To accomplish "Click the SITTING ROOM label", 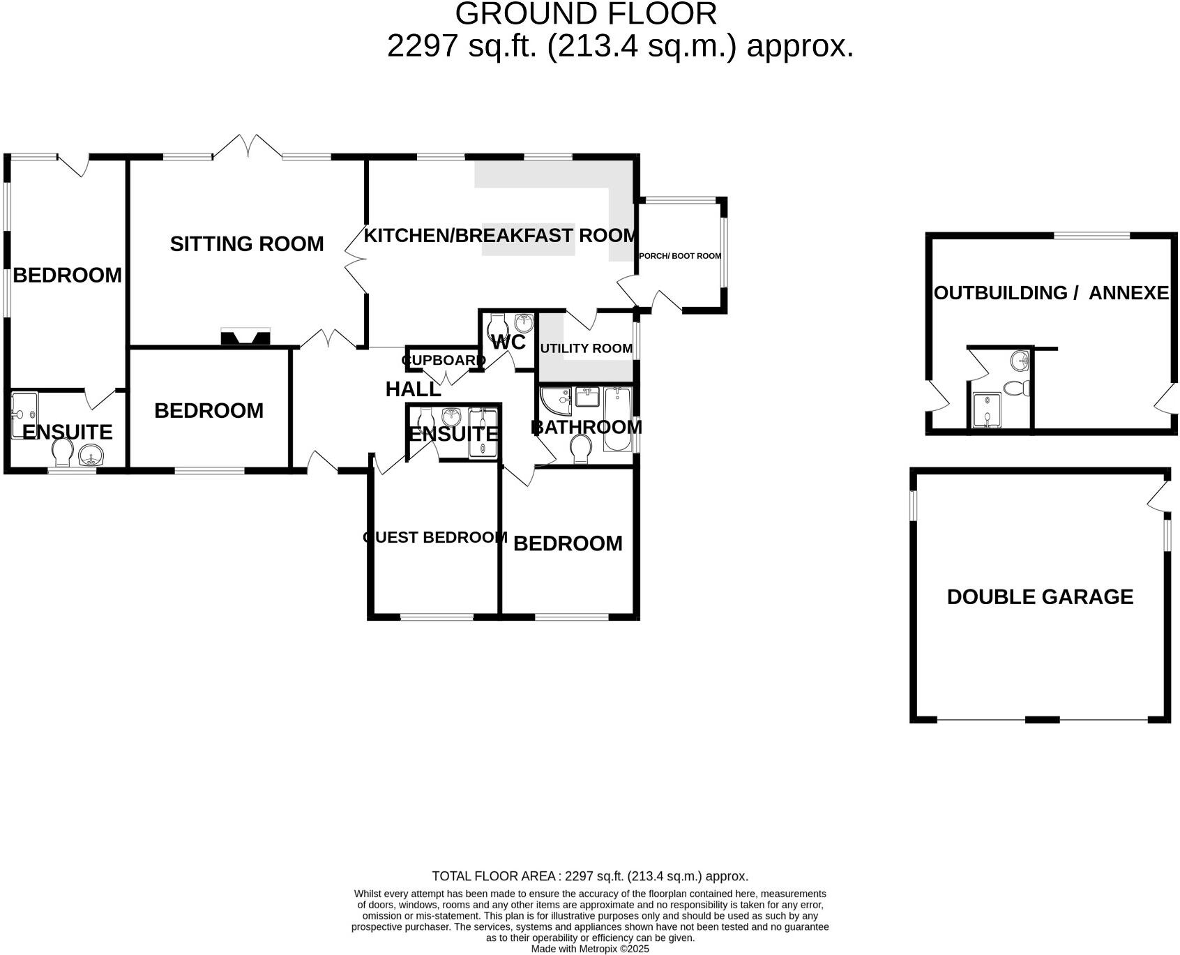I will click(247, 244).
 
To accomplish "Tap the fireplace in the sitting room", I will click(245, 338).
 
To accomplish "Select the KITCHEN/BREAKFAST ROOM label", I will click(500, 236).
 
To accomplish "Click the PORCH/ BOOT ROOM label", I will click(680, 256).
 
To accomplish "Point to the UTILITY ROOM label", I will click(586, 348).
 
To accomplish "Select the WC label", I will click(508, 342).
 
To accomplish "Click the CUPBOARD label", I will click(444, 361).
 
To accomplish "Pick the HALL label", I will click(413, 389).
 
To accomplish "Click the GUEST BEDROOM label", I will click(435, 538).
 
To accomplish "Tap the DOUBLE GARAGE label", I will click(1040, 597).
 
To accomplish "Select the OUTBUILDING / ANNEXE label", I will click(1051, 293).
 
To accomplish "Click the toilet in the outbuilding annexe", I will click(1017, 388).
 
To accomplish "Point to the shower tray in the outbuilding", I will click(986, 411).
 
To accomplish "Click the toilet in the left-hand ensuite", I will click(63, 452).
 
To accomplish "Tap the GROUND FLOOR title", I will click(586, 14).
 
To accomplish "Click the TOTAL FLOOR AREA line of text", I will click(590, 876).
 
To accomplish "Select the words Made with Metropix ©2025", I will click(590, 949).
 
